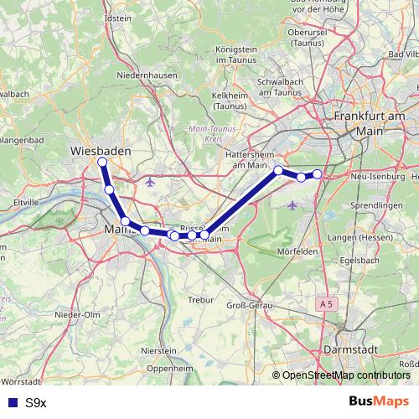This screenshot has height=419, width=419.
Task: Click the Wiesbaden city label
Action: coord(100,151)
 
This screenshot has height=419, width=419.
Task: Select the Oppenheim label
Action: coord(171,368)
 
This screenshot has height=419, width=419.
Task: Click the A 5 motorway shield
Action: coord(327,302)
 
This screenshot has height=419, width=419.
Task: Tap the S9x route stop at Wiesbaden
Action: coord(102,162)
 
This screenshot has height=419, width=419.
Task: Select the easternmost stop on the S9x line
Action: coord(318,173)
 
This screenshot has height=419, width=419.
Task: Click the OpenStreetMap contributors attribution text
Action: coord(345,375)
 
